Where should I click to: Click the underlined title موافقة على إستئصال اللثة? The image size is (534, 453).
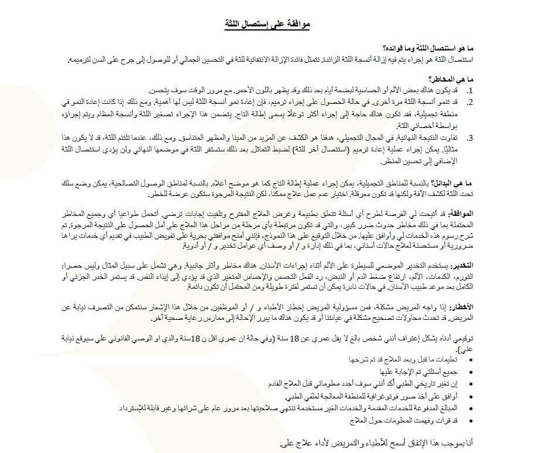pos(267,23)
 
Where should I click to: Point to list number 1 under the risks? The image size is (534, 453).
pos(470,92)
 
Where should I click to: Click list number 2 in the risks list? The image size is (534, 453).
pos(470,102)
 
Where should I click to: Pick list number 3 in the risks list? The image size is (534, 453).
pos(470,138)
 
